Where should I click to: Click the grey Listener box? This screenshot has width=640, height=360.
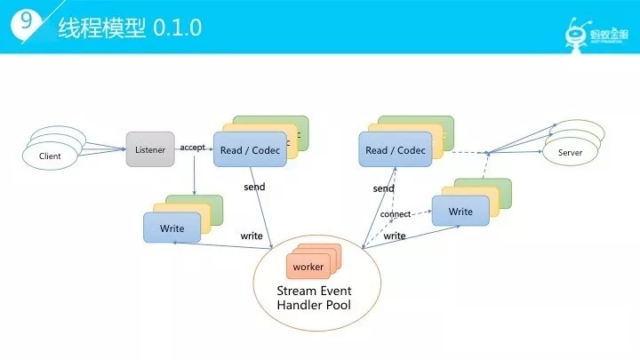click(x=150, y=149)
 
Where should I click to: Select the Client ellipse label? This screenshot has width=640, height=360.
click(x=50, y=156)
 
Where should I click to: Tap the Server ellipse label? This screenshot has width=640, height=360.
click(x=570, y=153)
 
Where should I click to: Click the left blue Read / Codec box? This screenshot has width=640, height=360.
click(x=250, y=149)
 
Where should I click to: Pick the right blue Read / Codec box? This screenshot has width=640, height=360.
click(x=395, y=149)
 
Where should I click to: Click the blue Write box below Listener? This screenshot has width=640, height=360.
click(x=172, y=228)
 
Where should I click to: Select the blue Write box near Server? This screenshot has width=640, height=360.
click(x=460, y=211)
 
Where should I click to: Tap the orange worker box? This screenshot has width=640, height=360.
click(x=308, y=267)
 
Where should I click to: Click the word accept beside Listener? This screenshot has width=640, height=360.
click(x=192, y=148)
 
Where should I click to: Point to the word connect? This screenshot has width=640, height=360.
click(x=395, y=214)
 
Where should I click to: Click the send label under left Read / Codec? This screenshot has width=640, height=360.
click(x=254, y=187)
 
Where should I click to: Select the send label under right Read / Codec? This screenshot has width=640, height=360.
click(x=383, y=188)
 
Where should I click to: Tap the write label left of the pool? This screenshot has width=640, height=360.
click(x=252, y=236)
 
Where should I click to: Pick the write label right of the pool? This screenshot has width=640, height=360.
click(x=395, y=236)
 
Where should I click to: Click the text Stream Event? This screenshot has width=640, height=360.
click(x=314, y=291)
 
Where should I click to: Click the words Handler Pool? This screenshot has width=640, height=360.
click(x=314, y=305)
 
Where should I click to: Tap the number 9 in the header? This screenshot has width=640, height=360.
click(x=26, y=20)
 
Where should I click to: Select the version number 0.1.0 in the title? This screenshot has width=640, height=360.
click(x=177, y=28)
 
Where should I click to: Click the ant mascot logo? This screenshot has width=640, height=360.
click(x=576, y=35)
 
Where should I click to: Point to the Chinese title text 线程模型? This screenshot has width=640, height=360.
click(x=101, y=28)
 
